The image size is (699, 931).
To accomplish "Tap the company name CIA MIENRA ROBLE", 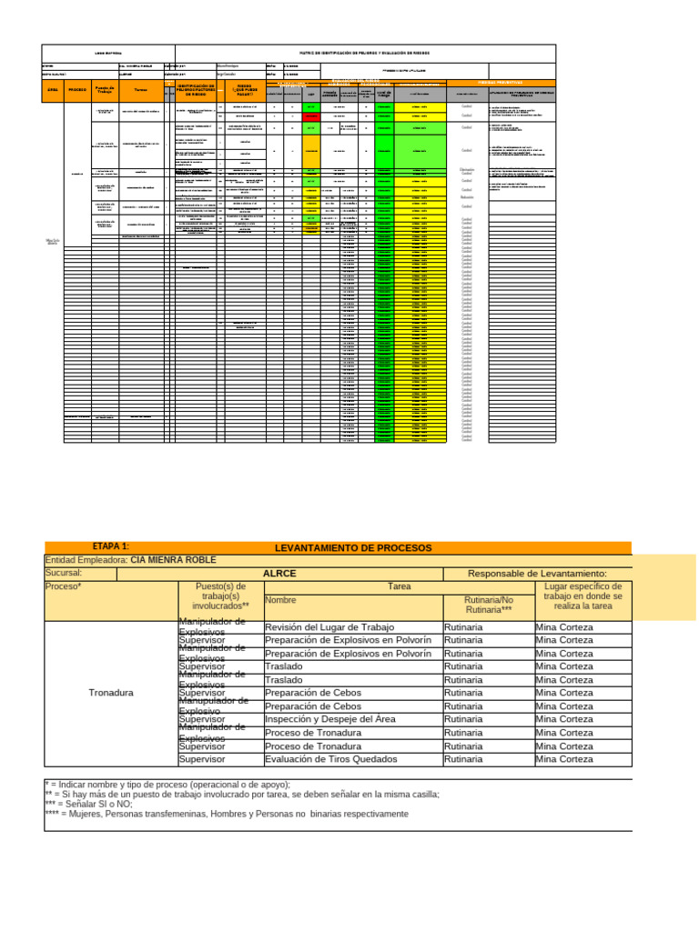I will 173,561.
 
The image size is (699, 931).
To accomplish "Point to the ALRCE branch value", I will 279,574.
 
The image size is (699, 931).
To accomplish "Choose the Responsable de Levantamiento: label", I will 536,574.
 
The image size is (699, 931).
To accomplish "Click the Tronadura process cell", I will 111,693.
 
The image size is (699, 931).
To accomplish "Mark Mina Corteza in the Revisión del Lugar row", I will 563,626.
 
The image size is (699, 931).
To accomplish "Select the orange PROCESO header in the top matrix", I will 77,90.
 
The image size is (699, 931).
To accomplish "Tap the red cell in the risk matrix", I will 311,116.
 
